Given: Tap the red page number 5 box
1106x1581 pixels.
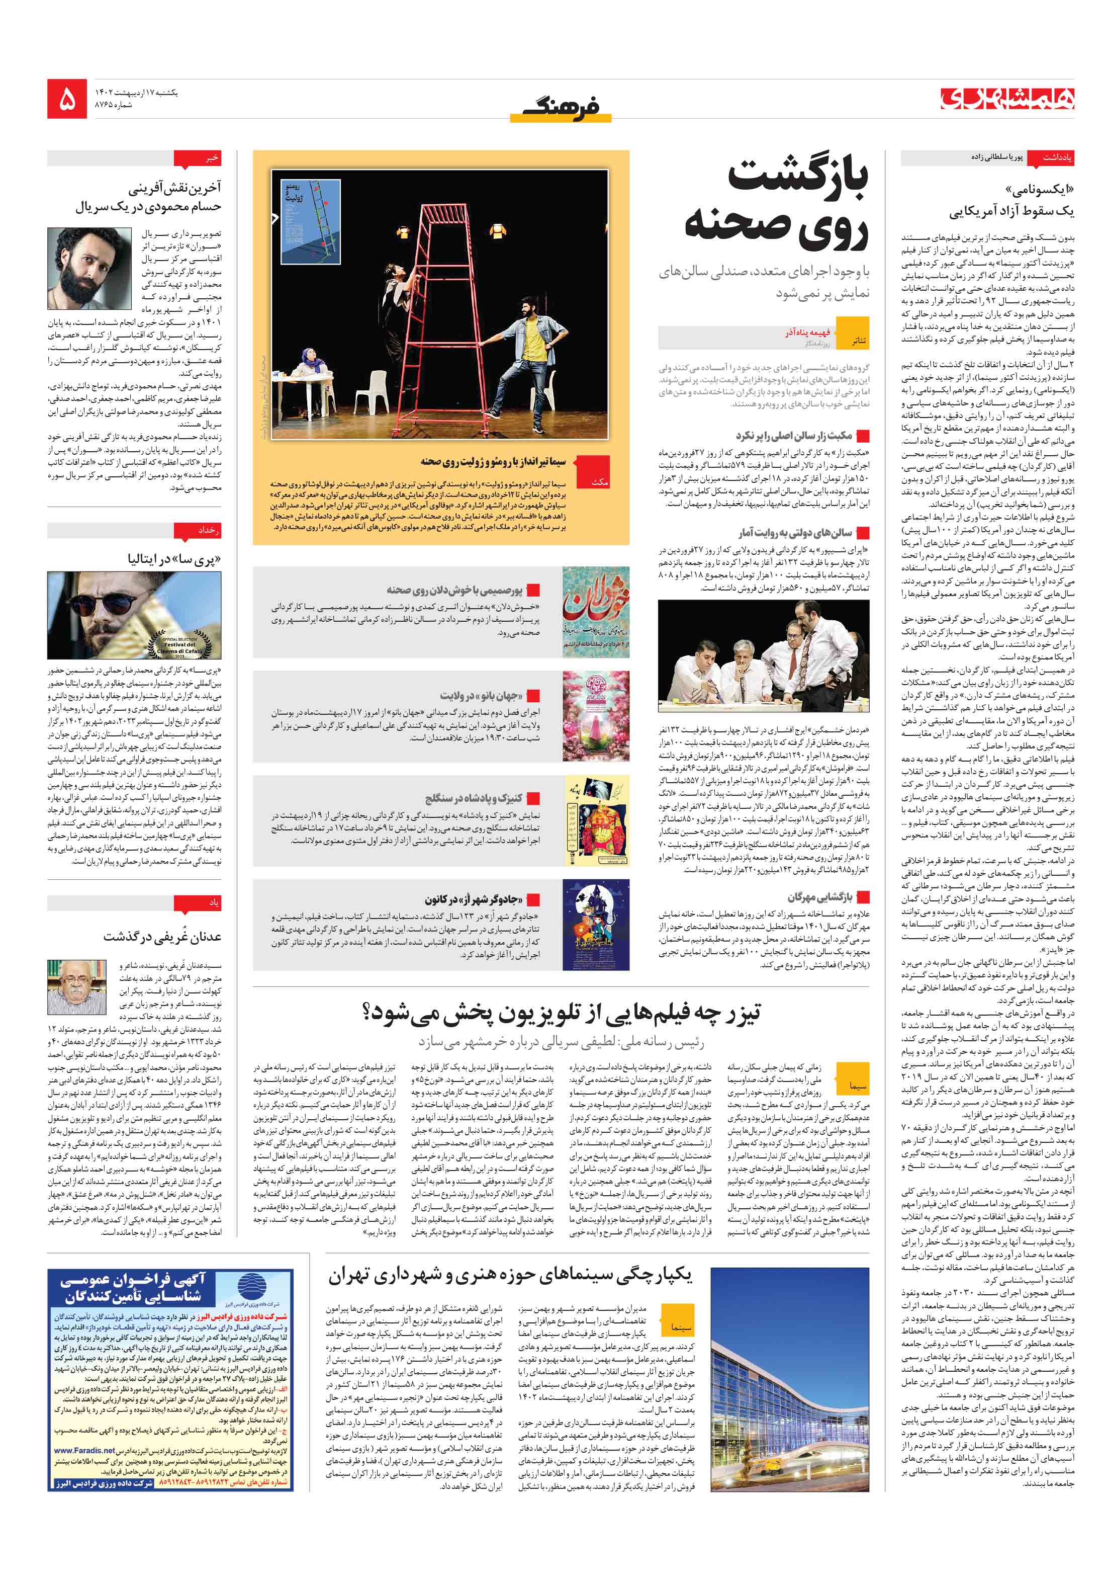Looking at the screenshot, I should pyautogui.click(x=67, y=101).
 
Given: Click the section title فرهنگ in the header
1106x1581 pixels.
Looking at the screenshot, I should pyautogui.click(x=560, y=105).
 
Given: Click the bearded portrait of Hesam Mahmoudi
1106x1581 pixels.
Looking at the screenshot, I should pyautogui.click(x=89, y=268).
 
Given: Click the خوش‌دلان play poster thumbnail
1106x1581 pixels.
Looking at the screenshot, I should pyautogui.click(x=595, y=612).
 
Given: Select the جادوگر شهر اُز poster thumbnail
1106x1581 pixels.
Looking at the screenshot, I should pyautogui.click(x=595, y=925).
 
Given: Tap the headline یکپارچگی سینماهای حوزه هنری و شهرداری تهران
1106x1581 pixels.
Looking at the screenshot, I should pyautogui.click(x=509, y=1275).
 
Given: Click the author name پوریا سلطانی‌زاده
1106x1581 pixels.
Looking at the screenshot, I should pyautogui.click(x=996, y=157).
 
